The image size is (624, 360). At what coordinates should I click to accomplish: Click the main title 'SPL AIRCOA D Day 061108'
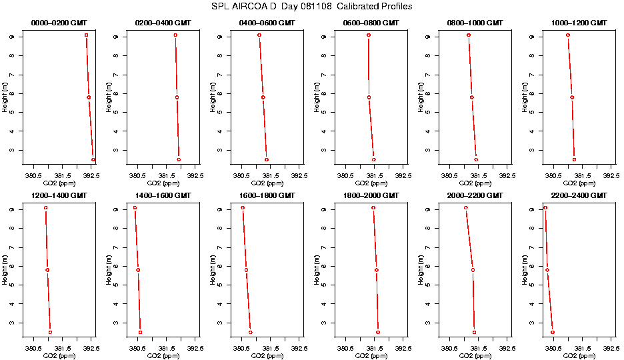pos(312,7)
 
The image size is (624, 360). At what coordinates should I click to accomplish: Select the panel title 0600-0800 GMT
pos(370,23)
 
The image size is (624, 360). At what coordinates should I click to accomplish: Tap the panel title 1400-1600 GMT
pos(163,195)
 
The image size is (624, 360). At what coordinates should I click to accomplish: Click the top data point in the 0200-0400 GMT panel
pos(175,35)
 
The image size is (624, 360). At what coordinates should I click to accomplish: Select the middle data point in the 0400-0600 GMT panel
pos(263,97)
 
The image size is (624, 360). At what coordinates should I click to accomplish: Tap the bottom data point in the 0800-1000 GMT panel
pos(476,159)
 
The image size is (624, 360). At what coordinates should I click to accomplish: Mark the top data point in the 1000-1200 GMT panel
pos(568,35)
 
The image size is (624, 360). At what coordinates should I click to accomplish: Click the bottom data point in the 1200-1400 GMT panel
pos(50,332)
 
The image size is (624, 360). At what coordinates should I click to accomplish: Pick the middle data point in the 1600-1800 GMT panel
pos(246,270)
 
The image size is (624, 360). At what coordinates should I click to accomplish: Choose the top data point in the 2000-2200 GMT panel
pos(466,207)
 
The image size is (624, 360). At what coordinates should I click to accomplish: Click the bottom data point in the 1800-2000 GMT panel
pos(378,332)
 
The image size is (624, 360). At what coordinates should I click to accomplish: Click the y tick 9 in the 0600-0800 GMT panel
pos(324,37)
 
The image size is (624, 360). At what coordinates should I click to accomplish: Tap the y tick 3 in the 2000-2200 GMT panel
pos(427,323)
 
